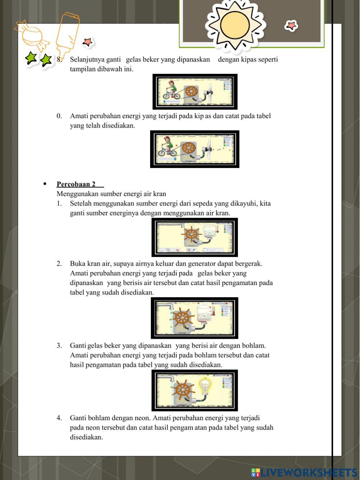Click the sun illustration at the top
pos(235,25)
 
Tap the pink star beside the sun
pos(291,26)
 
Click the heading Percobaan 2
pos(76,184)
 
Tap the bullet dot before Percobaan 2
pos(45,184)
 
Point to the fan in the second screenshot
pos(209,148)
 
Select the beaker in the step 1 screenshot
pos(210,232)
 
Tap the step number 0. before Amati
pos(59,116)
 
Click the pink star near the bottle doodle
pos(87,42)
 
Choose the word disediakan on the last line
pos(86,437)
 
